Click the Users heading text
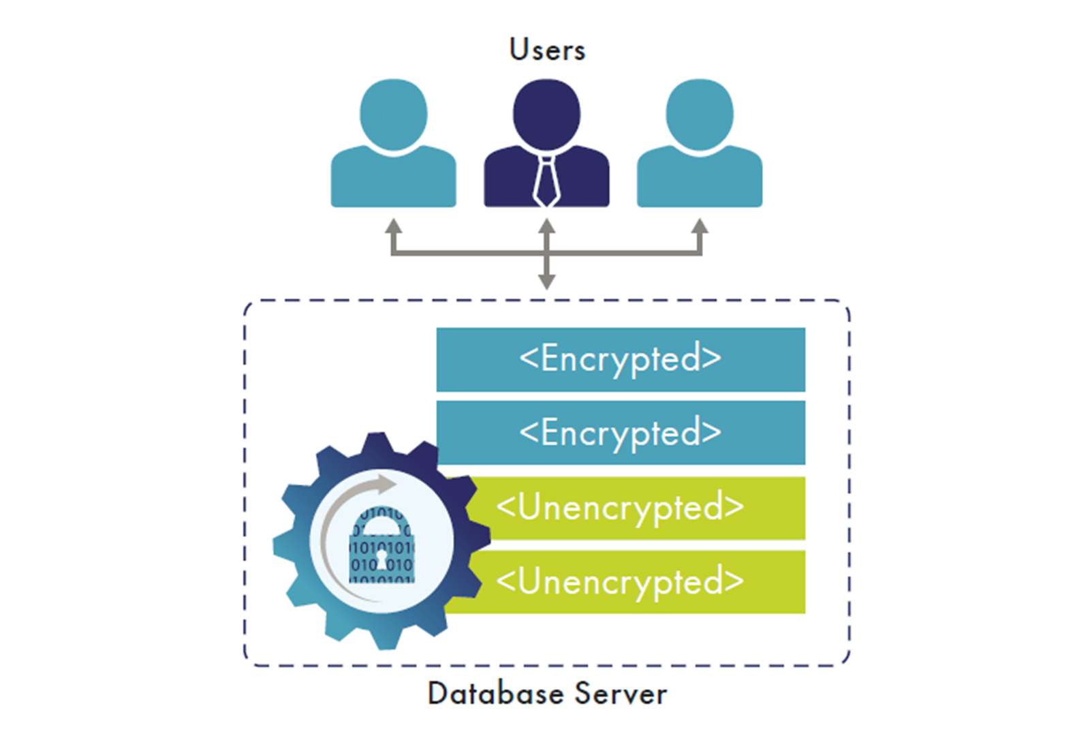547,50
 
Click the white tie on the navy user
546,181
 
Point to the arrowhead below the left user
393,226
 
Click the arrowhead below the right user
700,226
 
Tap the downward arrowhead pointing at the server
546,281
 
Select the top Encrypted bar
620,359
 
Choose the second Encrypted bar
620,433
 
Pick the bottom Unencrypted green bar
634,581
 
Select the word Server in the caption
621,694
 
